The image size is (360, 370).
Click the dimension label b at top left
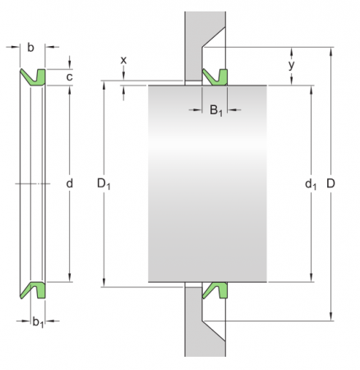coord(30,48)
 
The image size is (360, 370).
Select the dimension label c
coord(70,76)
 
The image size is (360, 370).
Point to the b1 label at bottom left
coord(36,321)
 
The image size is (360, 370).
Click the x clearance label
coord(123,60)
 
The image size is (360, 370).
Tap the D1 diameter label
coord(104,184)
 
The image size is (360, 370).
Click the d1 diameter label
coord(311,184)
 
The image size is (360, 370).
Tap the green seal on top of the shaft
coord(215,76)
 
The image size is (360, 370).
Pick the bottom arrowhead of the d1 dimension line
coord(311,278)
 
